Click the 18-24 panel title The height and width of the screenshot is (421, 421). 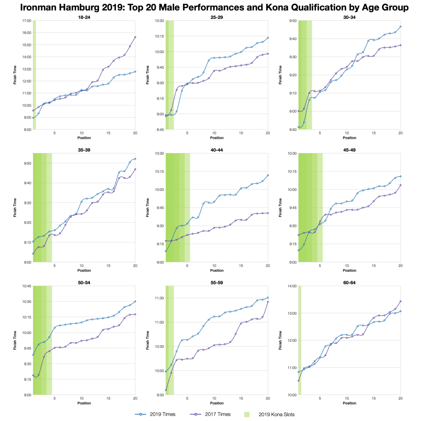point(84,17)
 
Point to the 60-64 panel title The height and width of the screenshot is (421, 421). point(349,282)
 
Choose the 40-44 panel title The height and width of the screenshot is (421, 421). point(217,150)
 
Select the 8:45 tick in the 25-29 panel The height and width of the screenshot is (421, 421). point(160,129)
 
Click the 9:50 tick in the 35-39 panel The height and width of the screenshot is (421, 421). point(28,163)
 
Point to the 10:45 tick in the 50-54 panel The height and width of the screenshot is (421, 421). point(27,286)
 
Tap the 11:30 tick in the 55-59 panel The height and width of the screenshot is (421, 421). point(160,298)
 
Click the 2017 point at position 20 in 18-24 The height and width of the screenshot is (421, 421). point(135,37)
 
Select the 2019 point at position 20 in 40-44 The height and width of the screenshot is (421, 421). point(268,175)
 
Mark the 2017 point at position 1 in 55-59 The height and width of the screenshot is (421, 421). point(166,390)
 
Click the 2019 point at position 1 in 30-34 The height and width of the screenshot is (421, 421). point(299,127)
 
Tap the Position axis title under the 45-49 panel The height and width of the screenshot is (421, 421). point(349,270)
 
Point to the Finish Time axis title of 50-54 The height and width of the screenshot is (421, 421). point(15,340)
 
